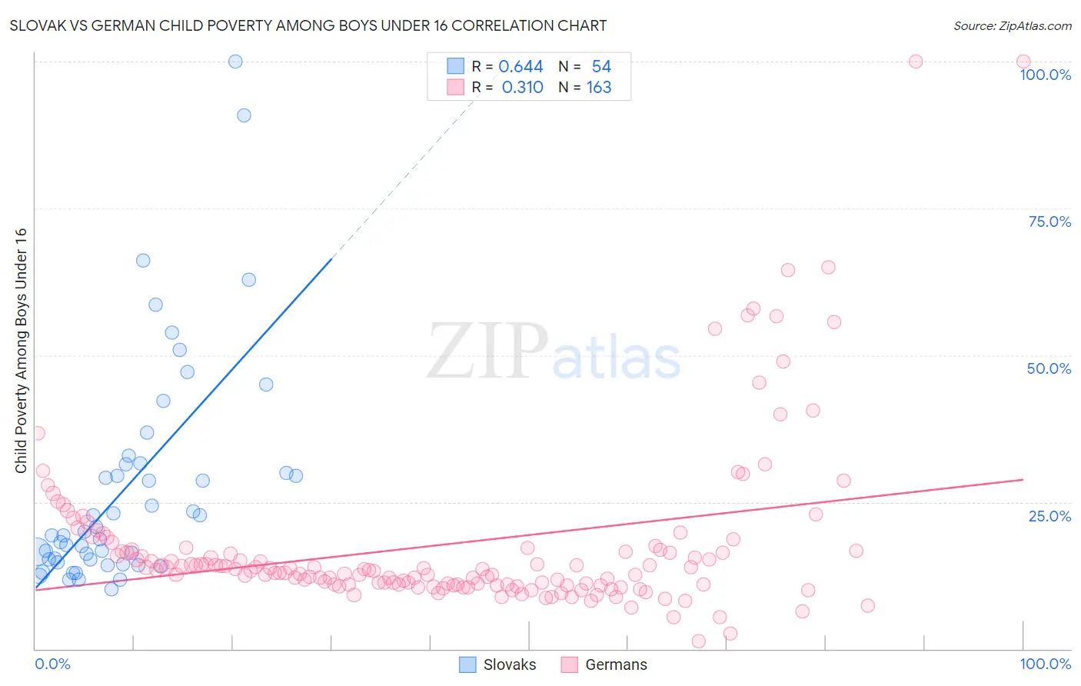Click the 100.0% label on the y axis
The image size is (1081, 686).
(x=1045, y=75)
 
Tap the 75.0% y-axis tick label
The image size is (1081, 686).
(x=1049, y=221)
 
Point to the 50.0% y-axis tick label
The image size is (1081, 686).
(x=1049, y=368)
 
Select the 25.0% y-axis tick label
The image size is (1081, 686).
(x=1049, y=516)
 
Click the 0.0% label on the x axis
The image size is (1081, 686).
(x=52, y=664)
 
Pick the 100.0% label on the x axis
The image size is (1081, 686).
(x=1045, y=664)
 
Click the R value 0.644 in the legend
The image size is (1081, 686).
(x=521, y=67)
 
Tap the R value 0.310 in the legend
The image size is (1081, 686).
(x=522, y=88)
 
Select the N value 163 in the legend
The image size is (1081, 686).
(x=599, y=88)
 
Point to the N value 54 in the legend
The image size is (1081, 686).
(x=601, y=67)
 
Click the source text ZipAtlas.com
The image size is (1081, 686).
(x=1013, y=25)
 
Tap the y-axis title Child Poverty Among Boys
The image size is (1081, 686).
(x=21, y=351)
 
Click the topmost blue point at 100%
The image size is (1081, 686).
(x=235, y=62)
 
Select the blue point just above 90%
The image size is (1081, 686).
(x=244, y=115)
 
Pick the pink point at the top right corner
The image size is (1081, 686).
(x=1023, y=62)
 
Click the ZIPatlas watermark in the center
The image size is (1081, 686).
(x=554, y=352)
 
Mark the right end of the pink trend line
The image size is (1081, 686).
(x=1023, y=479)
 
